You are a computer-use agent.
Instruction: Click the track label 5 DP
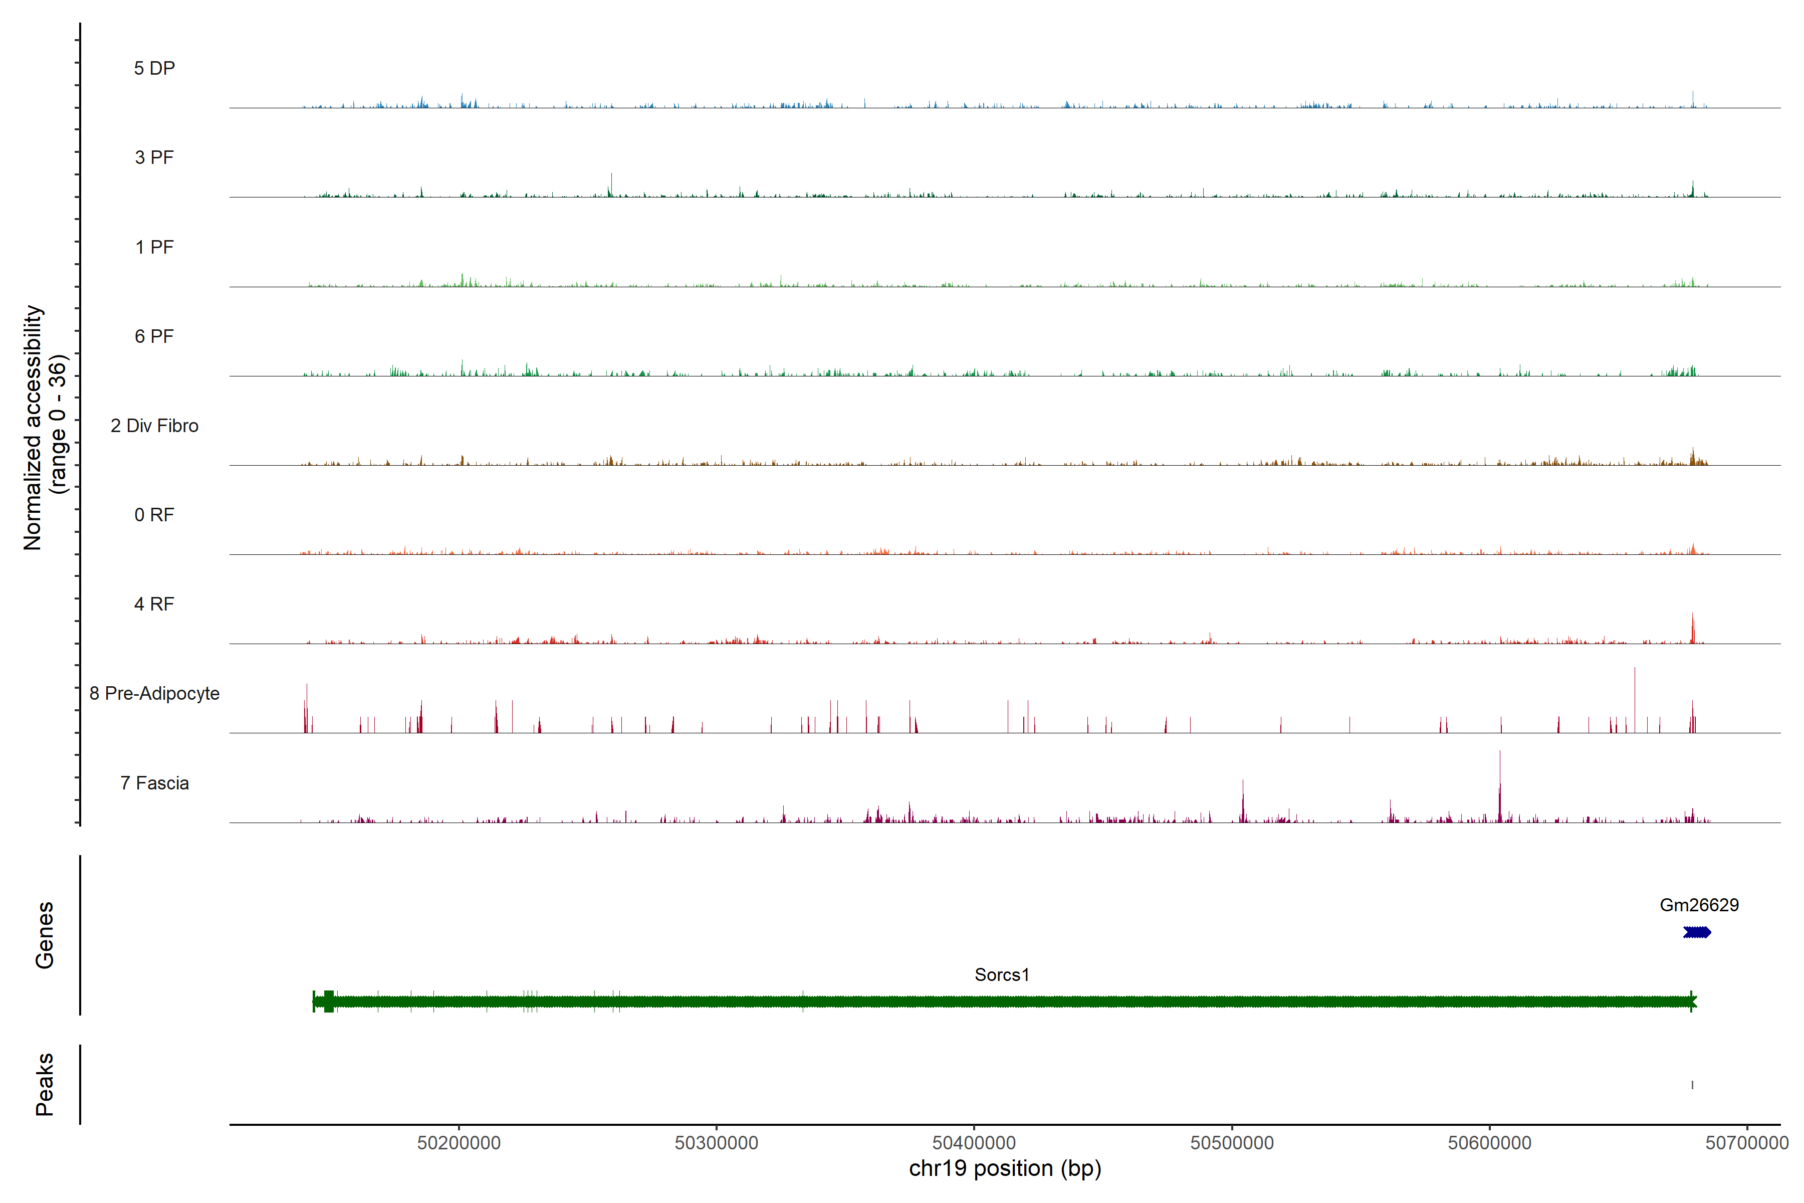point(154,68)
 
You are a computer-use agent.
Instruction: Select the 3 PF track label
point(154,157)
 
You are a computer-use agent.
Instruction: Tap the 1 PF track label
point(154,247)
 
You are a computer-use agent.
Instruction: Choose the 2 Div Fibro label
point(154,426)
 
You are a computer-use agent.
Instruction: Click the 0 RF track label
point(154,515)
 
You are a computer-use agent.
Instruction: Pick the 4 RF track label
point(154,605)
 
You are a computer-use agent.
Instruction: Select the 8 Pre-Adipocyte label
point(154,694)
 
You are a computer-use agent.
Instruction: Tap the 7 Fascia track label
point(154,783)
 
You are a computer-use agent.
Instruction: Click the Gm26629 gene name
point(1699,905)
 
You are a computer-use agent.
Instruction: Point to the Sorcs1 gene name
point(1002,975)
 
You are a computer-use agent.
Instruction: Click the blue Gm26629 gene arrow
point(1697,933)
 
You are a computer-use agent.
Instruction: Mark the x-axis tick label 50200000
point(459,1143)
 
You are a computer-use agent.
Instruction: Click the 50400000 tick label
point(974,1143)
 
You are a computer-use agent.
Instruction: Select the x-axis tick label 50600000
point(1489,1143)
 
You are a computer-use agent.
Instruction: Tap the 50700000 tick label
point(1746,1143)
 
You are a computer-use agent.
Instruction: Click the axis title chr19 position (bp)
point(1005,1168)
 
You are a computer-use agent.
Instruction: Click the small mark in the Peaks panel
point(1692,1085)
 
